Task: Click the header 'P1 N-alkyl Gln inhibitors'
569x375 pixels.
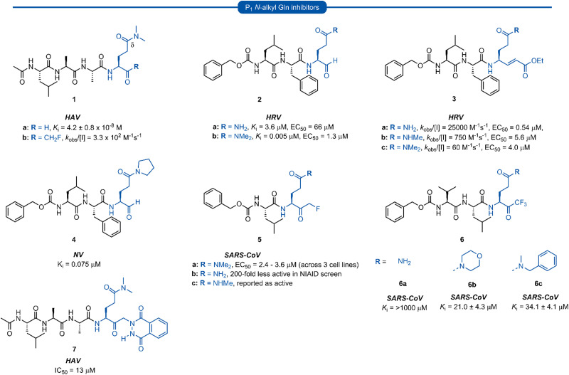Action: (284, 8)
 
